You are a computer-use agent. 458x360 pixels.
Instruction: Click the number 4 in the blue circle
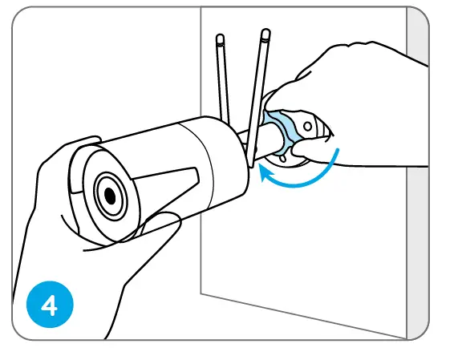(x=50, y=305)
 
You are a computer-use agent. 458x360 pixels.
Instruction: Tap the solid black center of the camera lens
(x=110, y=196)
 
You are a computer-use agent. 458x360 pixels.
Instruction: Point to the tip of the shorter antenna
(x=221, y=38)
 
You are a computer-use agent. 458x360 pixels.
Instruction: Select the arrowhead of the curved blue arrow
(x=265, y=173)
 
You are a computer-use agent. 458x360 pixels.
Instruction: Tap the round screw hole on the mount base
(x=307, y=127)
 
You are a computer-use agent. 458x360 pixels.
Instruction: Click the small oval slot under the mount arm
(x=282, y=159)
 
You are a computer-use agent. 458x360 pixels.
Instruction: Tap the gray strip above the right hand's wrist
(x=418, y=35)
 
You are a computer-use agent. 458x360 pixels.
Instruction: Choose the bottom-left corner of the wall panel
(x=201, y=293)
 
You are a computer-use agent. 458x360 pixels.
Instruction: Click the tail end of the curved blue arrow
(x=338, y=149)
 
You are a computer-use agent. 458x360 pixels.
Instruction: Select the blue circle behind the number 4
(x=50, y=304)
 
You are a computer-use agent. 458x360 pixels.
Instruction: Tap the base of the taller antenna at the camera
(x=251, y=166)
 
